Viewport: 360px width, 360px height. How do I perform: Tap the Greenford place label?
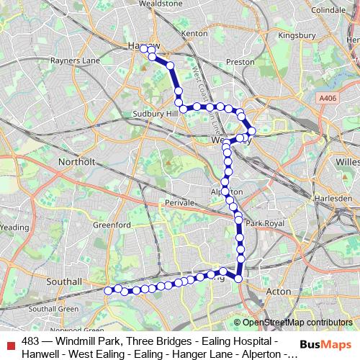coord(112,225)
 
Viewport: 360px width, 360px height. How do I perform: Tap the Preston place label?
coord(240,62)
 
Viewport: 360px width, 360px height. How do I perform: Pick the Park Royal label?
coord(262,224)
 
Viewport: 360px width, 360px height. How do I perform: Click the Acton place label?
coord(279,292)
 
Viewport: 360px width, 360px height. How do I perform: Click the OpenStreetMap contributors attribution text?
coord(297,323)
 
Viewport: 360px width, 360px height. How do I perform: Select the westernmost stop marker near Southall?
coord(109,290)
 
